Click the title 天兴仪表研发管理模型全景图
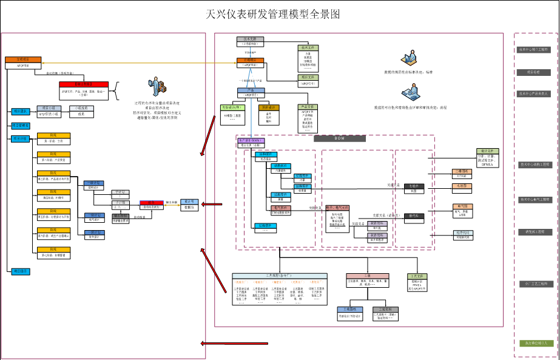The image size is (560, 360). [x=273, y=14]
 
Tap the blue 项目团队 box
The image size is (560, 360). [x=19, y=111]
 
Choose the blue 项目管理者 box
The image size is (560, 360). [x=21, y=126]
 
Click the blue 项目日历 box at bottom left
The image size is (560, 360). [x=19, y=271]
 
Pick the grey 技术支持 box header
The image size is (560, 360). [x=250, y=39]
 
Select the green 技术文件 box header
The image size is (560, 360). [x=308, y=47]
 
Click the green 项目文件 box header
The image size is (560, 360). [x=308, y=78]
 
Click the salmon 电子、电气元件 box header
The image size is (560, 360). [x=338, y=208]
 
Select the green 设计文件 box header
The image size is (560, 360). [x=487, y=151]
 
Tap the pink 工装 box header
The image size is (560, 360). [x=368, y=276]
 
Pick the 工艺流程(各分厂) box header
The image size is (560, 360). [x=279, y=276]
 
